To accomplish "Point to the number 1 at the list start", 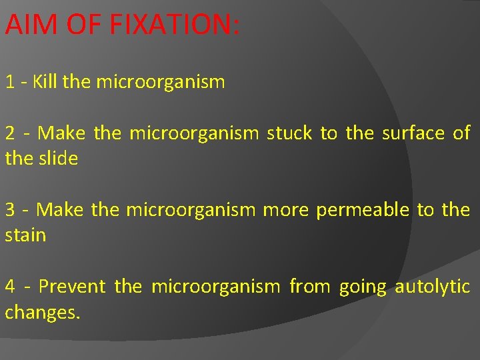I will point(10,83).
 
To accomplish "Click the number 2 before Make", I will point(10,133).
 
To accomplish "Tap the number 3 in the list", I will point(10,210).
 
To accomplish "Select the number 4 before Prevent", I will point(10,287).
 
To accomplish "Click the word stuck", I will point(289,133).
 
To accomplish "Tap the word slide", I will point(58,159).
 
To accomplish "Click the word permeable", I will point(362,211).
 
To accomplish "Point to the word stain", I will point(25,235).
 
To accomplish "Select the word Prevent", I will point(72,287).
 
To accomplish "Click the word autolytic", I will point(432,287).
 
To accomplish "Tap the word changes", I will point(42,313).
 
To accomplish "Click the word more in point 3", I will point(286,211).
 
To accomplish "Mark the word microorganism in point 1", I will point(161,83).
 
